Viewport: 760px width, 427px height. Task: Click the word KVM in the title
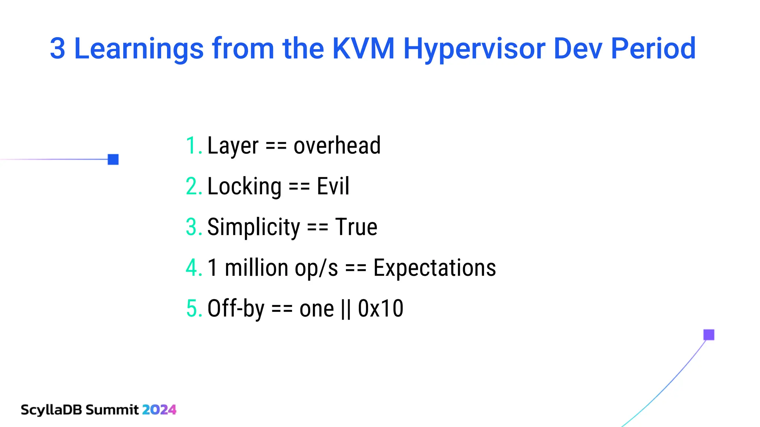(363, 49)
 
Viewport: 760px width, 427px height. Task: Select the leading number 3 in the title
(58, 49)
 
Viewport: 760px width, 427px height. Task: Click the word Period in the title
(653, 49)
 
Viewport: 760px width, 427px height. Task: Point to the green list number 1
(192, 145)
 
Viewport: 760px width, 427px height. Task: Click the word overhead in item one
(337, 145)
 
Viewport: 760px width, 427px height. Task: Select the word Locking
(244, 186)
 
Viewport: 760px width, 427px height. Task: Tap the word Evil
(333, 186)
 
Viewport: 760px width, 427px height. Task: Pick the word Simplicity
(253, 227)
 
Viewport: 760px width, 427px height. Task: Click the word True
(356, 227)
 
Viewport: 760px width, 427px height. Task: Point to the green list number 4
(193, 268)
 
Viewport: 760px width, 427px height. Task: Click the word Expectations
(435, 268)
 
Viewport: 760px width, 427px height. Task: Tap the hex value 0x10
(380, 308)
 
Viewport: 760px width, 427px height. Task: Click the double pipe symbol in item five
(345, 309)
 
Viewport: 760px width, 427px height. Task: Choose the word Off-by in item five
(236, 308)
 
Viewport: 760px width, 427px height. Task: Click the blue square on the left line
(113, 159)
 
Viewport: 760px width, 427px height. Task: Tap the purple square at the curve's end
(709, 335)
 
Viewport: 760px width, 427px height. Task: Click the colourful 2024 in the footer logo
(159, 410)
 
